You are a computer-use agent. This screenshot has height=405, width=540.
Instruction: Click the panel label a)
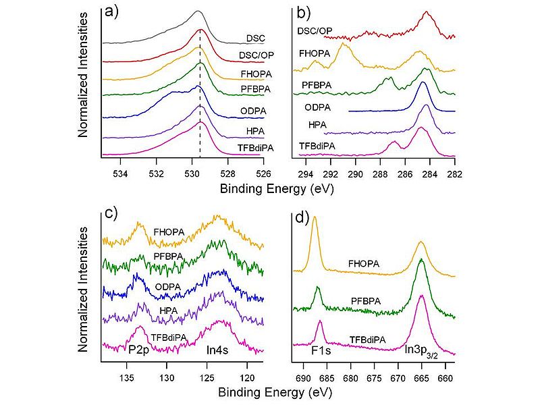pos(111,11)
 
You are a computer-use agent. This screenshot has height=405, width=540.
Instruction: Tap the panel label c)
pos(111,212)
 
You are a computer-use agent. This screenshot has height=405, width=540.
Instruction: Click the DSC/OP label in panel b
pos(315,31)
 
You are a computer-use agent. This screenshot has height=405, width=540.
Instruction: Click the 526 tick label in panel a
pos(261,167)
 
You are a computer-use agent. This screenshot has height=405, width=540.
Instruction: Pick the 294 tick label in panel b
pos(306,167)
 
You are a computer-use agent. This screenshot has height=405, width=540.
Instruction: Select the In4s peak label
pos(220,350)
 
